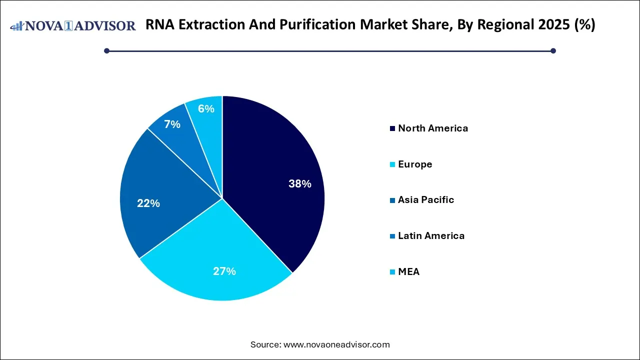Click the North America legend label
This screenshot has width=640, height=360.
pyautogui.click(x=433, y=128)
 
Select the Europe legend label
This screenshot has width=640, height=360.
pyautogui.click(x=415, y=164)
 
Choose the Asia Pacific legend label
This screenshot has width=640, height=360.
pyautogui.click(x=426, y=200)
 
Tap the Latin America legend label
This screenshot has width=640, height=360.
pyautogui.click(x=431, y=236)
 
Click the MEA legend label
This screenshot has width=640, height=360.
pyautogui.click(x=408, y=272)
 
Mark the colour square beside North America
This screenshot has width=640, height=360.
pyautogui.click(x=393, y=129)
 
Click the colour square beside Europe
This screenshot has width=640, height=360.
pyautogui.click(x=393, y=165)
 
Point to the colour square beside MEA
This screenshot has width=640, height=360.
pyautogui.click(x=393, y=272)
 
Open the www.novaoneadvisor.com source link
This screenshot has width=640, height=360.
pyautogui.click(x=336, y=344)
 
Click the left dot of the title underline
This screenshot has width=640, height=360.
pyautogui.click(x=106, y=50)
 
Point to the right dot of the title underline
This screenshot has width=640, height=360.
pyautogui.click(x=553, y=50)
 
